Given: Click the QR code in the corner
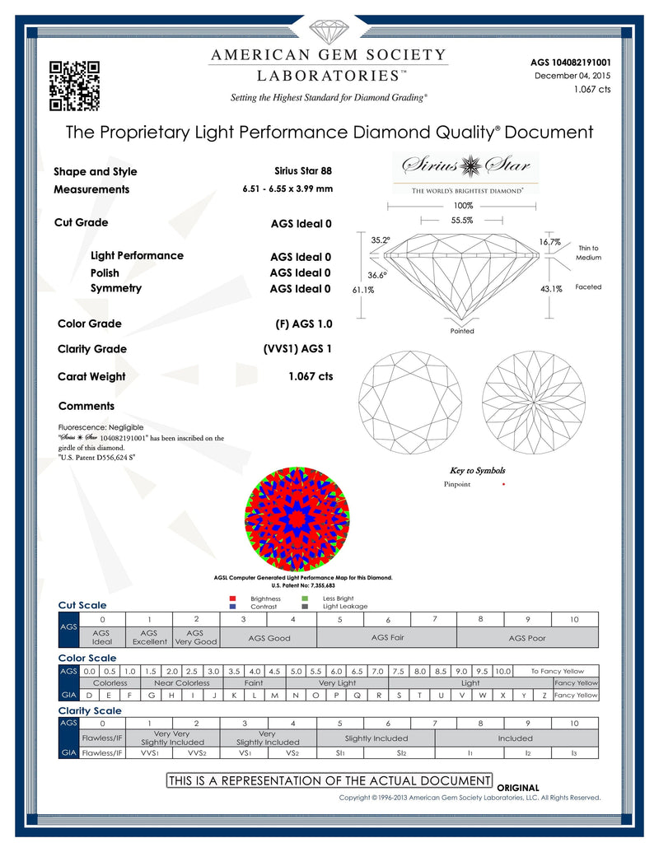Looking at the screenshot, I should (75, 86).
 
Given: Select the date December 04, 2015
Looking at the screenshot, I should (573, 76).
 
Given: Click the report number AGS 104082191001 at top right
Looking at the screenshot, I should (572, 62).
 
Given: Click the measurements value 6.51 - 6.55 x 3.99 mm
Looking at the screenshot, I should (287, 189).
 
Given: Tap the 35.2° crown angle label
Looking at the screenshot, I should (380, 240).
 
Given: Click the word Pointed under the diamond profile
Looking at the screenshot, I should (462, 331).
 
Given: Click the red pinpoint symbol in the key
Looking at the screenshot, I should (503, 484).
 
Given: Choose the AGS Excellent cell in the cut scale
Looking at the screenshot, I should (149, 637).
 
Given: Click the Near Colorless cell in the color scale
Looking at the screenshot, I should (182, 682).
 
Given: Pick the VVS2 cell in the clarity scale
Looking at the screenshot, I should (196, 752).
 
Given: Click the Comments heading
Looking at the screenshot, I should (86, 406).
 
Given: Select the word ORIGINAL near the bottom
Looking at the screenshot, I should (518, 788).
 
